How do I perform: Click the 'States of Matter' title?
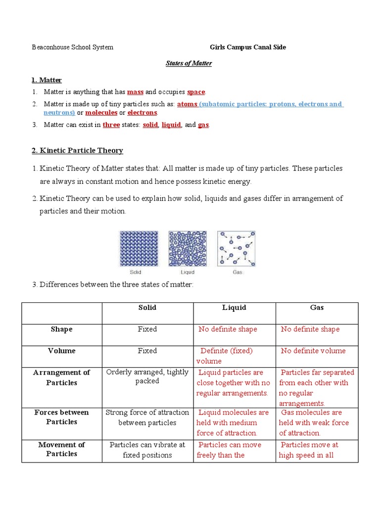(x=188, y=63)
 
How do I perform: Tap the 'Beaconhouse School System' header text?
(x=72, y=47)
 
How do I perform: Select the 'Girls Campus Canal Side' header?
(x=245, y=47)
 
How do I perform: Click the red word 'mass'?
(x=135, y=92)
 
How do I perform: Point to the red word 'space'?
(x=196, y=92)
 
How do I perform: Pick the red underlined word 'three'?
(x=111, y=125)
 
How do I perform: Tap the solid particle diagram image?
(x=139, y=249)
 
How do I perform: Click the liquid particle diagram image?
(x=188, y=249)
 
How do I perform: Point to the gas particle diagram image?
(x=237, y=249)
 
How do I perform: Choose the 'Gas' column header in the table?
(x=317, y=307)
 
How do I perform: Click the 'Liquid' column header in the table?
(x=234, y=307)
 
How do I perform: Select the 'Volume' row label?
(x=62, y=351)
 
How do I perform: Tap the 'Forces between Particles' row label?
(x=62, y=417)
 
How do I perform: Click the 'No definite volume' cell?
(x=313, y=351)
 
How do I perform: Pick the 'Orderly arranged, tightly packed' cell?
(x=147, y=377)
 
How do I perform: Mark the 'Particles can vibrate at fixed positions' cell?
(x=147, y=450)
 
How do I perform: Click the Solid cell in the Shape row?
(x=147, y=329)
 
